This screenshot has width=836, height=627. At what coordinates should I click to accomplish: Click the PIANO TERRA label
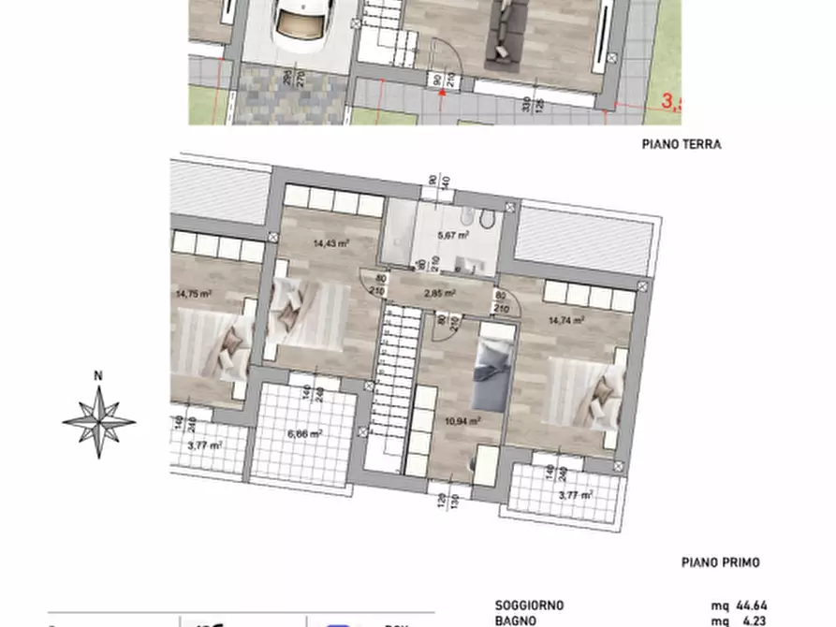682,145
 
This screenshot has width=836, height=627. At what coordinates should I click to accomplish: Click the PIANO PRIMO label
720,562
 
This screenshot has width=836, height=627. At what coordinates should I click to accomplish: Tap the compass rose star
98,420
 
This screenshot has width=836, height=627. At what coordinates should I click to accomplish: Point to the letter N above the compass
98,377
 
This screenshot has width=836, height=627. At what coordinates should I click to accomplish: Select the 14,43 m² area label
331,241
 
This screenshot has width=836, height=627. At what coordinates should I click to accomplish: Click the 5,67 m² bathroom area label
453,236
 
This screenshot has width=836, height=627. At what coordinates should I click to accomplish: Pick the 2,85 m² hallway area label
439,293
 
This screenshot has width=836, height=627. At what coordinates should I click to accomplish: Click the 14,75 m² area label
193,293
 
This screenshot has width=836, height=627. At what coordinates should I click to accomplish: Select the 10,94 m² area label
463,421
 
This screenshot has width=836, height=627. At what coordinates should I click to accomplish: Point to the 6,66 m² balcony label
305,433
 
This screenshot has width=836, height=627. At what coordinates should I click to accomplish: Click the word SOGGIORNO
530,605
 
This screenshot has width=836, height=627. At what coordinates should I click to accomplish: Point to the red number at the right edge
671,102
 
